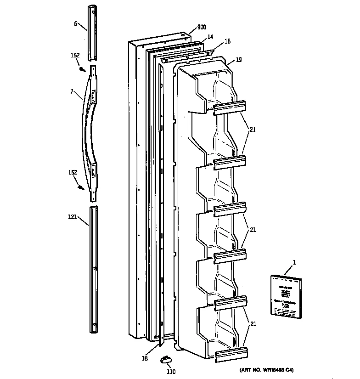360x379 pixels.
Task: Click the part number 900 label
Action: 202,28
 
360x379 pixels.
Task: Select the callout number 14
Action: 210,36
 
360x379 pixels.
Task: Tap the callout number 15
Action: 227,42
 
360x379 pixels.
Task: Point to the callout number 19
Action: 239,60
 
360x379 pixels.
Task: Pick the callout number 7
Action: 72,92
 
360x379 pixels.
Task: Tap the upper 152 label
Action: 75,56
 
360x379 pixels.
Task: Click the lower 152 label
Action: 73,173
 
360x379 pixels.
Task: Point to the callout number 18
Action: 145,358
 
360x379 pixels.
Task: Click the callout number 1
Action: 294,262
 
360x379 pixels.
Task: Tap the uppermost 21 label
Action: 252,130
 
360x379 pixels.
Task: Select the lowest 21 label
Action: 252,324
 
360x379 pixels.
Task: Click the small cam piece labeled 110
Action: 166,359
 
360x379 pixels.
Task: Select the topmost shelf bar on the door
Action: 229,107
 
